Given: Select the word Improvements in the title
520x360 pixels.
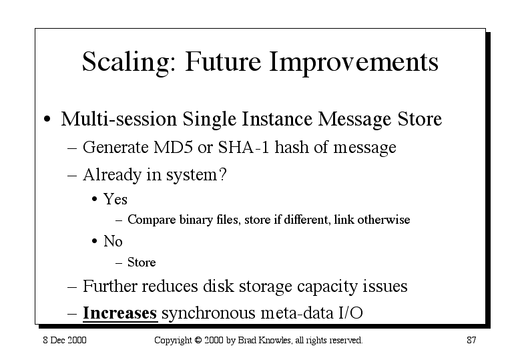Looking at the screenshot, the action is [354, 62].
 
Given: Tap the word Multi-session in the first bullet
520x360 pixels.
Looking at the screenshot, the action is [119, 119].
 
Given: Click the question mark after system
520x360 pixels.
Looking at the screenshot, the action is [223, 174].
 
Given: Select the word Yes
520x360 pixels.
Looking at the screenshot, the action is [115, 199].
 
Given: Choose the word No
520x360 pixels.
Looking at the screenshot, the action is [113, 241].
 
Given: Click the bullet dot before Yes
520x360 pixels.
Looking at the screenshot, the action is [95, 200].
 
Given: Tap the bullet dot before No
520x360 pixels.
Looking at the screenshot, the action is [95, 241].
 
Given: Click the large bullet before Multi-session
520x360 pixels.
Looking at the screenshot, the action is [47, 119].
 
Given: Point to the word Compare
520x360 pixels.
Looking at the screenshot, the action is [152, 220].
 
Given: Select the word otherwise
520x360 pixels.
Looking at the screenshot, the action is [383, 220].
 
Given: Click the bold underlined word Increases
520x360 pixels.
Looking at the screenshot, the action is [119, 313].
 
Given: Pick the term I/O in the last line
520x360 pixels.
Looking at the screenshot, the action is [350, 313].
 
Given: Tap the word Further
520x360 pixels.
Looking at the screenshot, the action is [109, 286].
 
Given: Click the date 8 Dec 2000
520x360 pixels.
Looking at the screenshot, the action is [65, 340].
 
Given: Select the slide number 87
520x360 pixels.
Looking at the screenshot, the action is [471, 340].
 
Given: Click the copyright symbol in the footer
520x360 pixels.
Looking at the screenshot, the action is [198, 340].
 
